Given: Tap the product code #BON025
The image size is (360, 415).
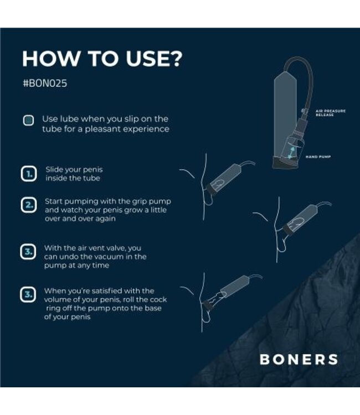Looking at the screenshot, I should pos(45,86).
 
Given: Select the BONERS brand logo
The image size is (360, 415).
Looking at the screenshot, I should pos(299,359).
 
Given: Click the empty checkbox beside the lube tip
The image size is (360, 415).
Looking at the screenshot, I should pos(28,120).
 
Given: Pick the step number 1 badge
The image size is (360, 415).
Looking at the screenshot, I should pos(28,174).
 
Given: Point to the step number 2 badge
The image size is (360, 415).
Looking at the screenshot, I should pos(28,205).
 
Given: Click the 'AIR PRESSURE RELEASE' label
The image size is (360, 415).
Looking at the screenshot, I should pos(330,112).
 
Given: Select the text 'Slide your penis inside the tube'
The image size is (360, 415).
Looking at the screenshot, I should pos(74,174).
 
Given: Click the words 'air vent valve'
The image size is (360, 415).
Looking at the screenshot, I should pos(91,248).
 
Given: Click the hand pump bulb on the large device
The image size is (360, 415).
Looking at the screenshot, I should pos(296,146).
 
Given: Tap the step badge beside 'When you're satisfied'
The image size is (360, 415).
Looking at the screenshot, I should pos(28,294).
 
